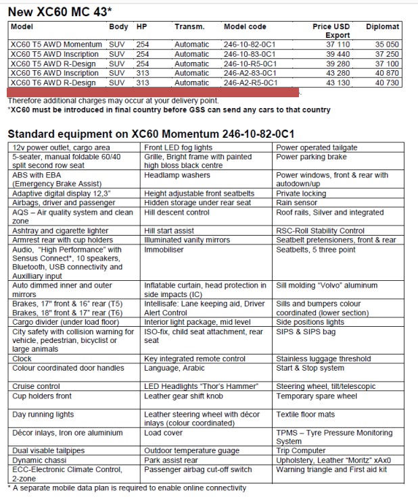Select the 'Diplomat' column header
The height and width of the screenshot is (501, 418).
click(382, 27)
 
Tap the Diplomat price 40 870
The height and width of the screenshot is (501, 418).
click(386, 73)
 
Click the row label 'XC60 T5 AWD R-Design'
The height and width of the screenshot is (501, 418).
click(56, 63)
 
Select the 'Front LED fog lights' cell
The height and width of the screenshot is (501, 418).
click(178, 147)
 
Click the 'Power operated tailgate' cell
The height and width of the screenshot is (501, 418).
click(317, 147)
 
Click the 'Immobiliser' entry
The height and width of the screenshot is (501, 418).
click(165, 249)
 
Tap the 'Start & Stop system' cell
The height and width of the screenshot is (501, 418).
click(310, 368)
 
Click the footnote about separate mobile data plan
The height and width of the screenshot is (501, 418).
click(126, 487)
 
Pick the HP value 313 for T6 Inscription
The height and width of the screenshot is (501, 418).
click(142, 73)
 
